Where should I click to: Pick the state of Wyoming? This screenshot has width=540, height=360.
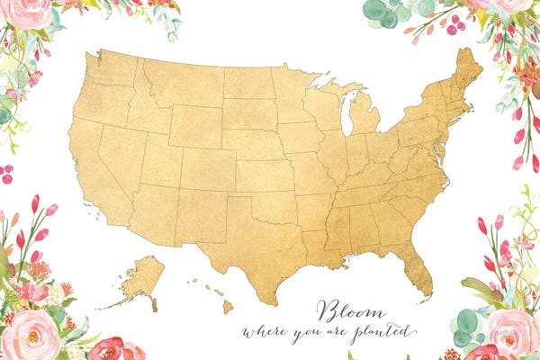coord(193,125)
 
